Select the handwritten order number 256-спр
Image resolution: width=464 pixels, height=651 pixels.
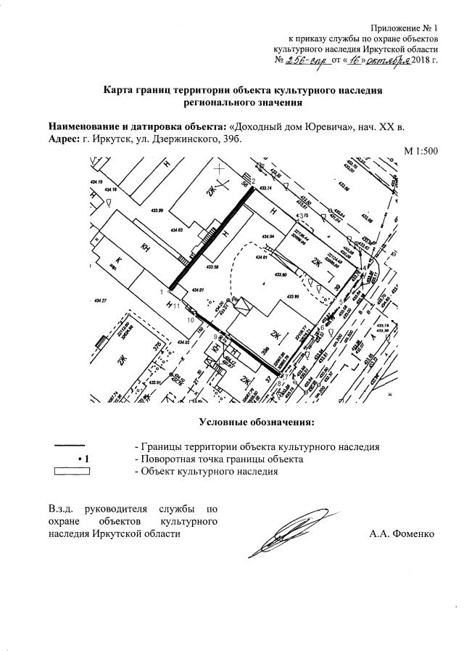[x=307, y=59]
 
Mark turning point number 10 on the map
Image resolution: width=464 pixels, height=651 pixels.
[x=191, y=319]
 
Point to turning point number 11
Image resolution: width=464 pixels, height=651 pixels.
[x=177, y=307]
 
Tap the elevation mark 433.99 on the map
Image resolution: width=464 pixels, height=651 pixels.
[x=156, y=210]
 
